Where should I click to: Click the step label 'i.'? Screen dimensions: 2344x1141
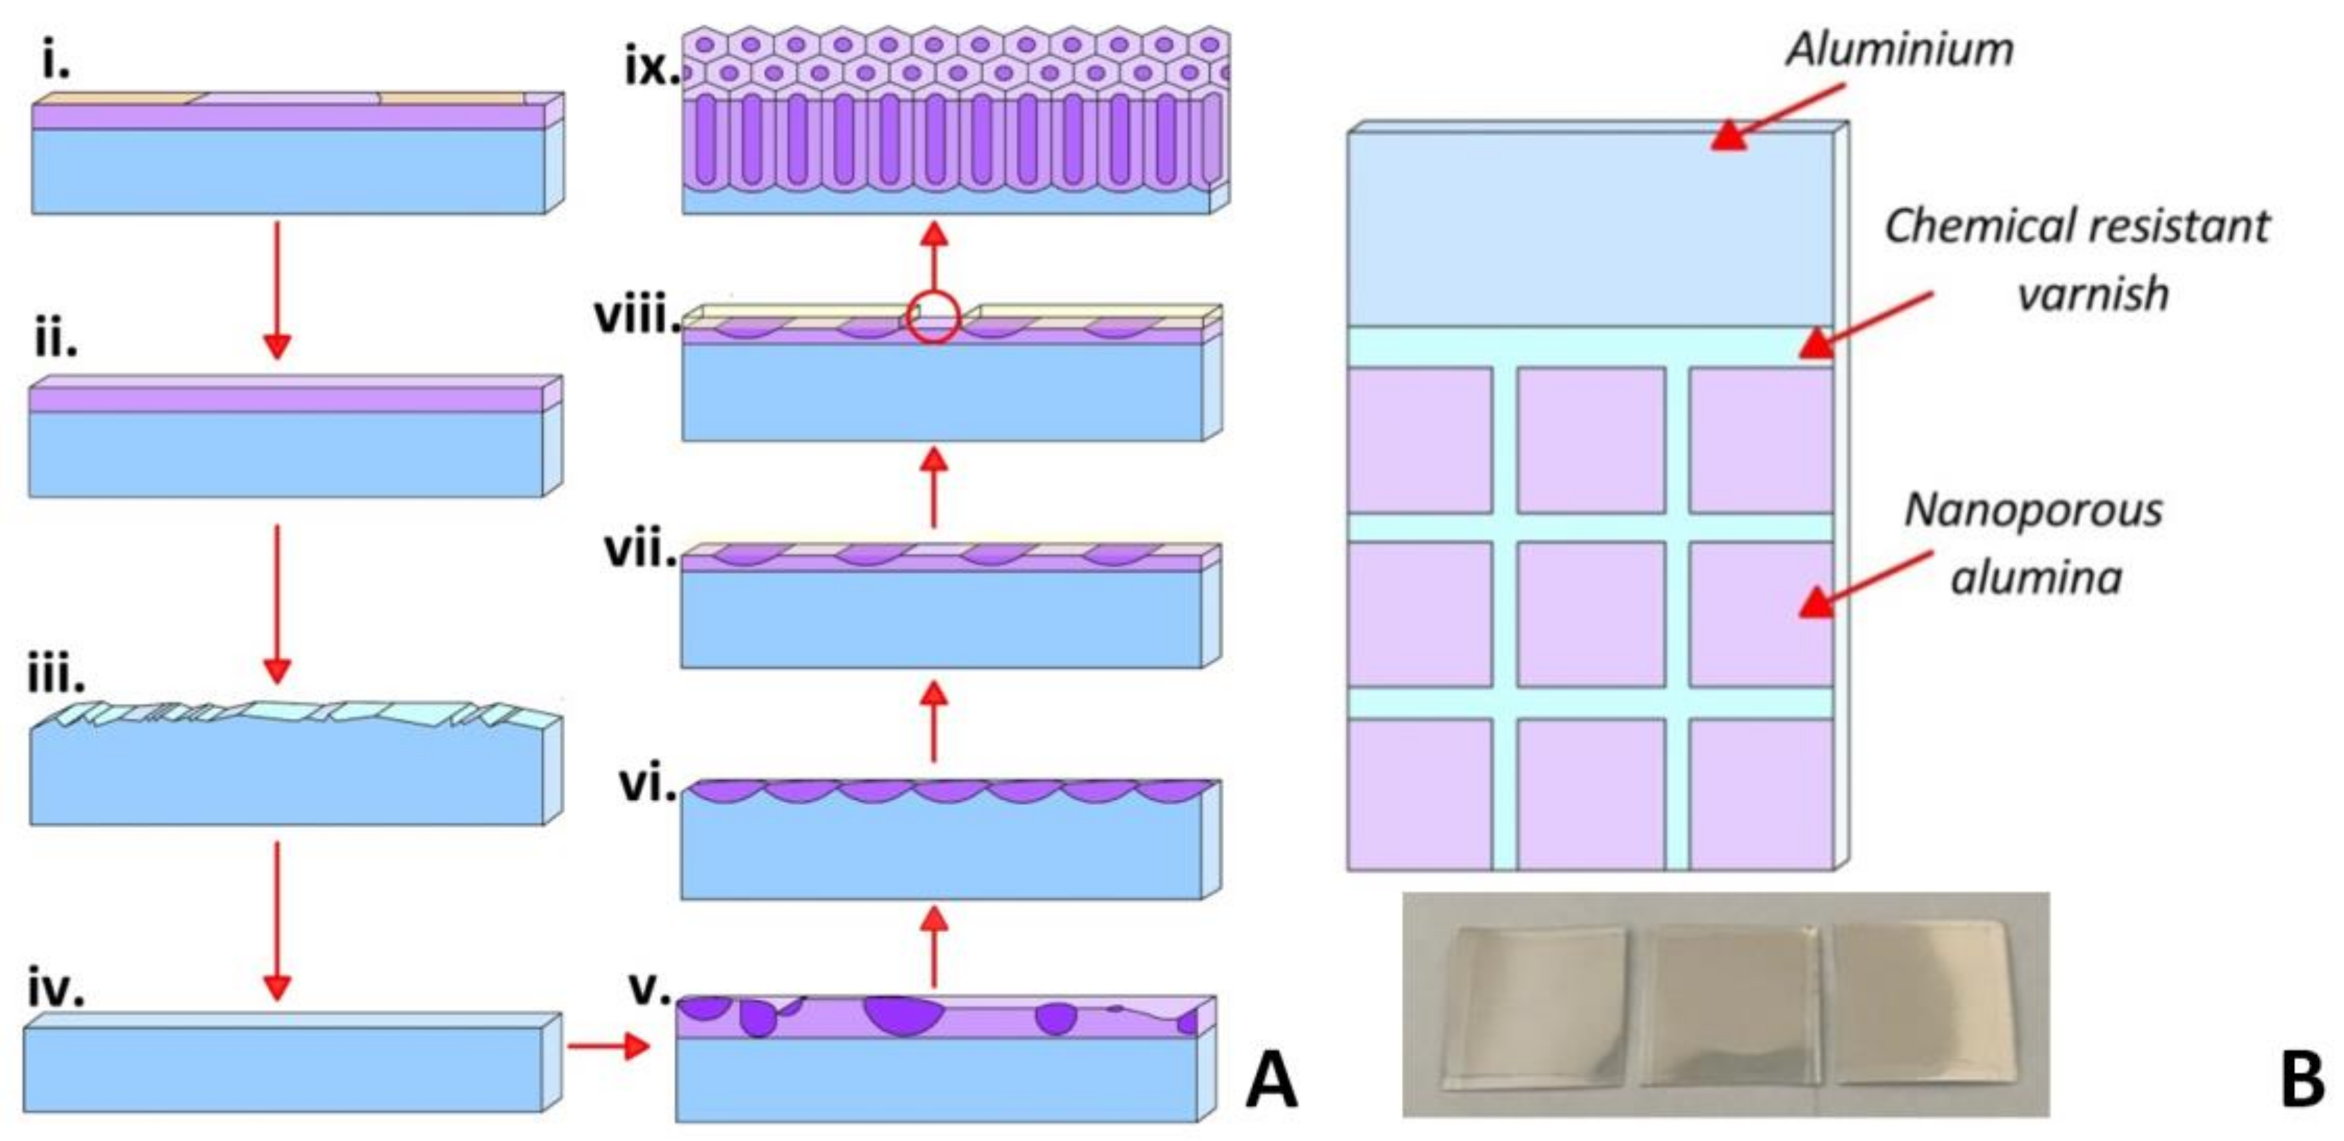[56, 61]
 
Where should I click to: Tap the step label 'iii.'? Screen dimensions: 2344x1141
[56, 673]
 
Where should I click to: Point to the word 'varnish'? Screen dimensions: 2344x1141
[2093, 294]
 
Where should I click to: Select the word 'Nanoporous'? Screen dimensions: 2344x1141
[2034, 510]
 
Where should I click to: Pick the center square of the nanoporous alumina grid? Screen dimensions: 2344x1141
[1591, 614]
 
